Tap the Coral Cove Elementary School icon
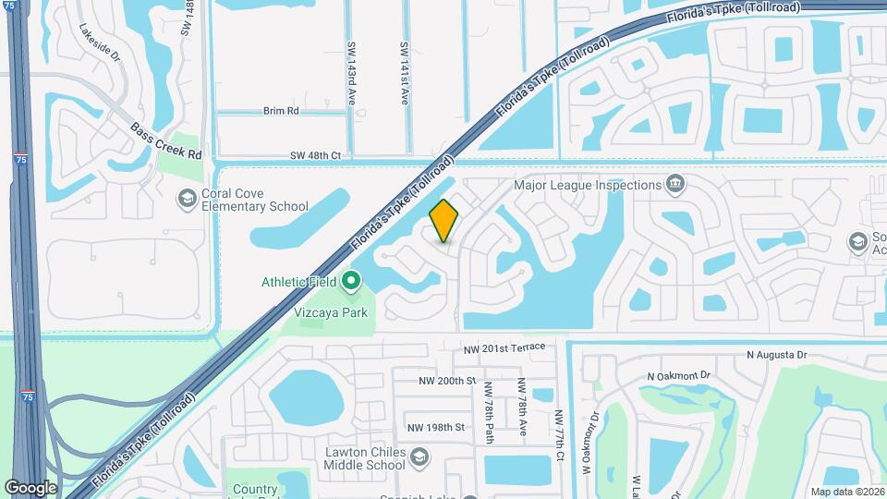[187, 197]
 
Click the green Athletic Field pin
[351, 280]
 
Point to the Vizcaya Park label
[331, 312]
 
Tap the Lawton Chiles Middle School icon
[420, 458]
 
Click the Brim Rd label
[281, 111]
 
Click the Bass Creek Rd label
[165, 141]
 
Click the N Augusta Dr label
[777, 355]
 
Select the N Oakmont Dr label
[678, 376]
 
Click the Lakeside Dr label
[100, 43]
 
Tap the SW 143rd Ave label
[352, 73]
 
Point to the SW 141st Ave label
[404, 73]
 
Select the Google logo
[30, 487]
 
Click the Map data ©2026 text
[846, 492]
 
